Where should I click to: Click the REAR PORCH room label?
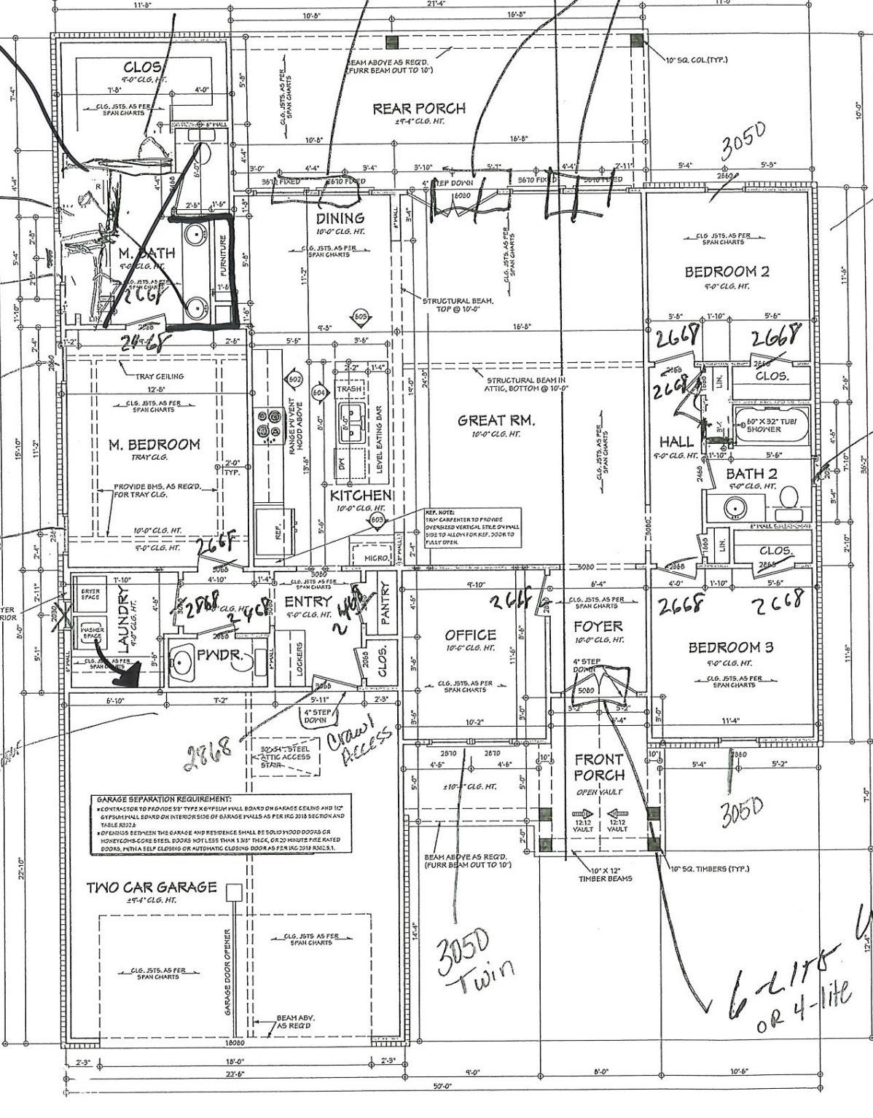[418, 109]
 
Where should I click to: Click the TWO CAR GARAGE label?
[152, 887]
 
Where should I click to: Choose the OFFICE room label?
[470, 635]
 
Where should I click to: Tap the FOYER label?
[598, 626]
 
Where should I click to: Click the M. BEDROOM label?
[154, 445]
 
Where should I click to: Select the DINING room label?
[340, 218]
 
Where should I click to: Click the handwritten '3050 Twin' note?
[474, 951]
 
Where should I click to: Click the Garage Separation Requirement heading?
[163, 800]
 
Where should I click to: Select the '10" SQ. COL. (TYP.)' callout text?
[697, 60]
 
